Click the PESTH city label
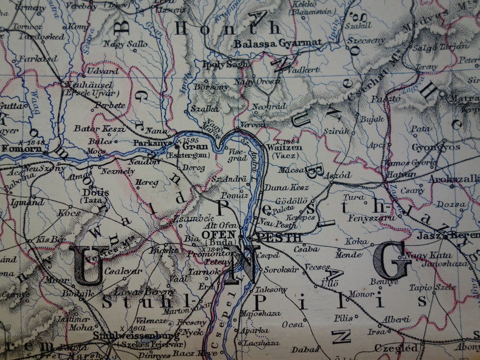(x=273, y=237)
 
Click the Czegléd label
(x=395, y=348)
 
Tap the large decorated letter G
(x=392, y=260)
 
